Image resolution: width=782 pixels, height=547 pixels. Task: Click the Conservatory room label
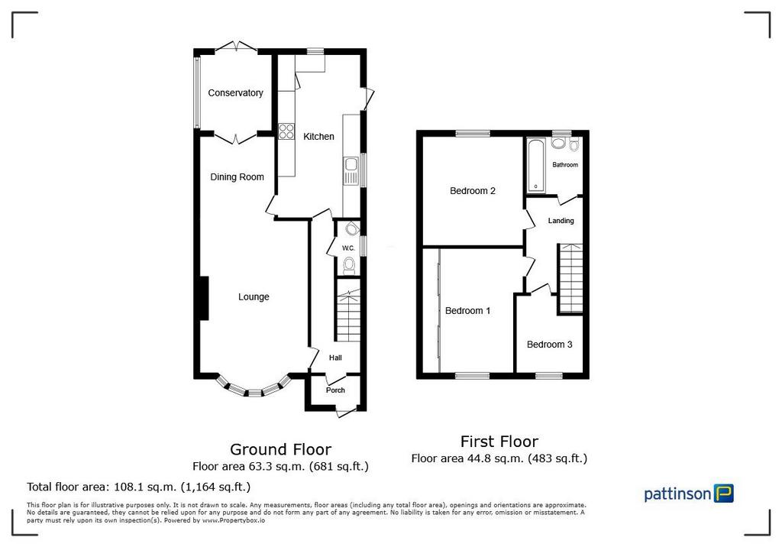pos(235,93)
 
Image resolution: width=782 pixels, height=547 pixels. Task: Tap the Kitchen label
pos(318,136)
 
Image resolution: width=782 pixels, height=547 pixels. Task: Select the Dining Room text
pos(237,177)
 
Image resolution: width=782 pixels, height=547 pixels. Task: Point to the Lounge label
pos(254,297)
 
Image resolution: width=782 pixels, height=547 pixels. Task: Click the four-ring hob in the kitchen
pos(286,131)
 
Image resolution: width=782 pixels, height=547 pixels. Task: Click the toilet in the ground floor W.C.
pos(349,265)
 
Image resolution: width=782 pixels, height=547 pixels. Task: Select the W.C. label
pos(348,248)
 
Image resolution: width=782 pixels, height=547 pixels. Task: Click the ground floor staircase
pos(347,310)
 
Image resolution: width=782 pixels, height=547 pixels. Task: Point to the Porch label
pos(335,390)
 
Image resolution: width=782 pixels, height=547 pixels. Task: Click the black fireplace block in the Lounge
pos(203,298)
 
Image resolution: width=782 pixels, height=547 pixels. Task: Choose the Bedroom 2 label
pos(472,191)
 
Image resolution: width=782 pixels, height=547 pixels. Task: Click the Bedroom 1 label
pos(467,311)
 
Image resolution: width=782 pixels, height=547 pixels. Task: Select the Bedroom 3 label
pos(549,345)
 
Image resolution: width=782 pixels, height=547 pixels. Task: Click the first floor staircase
pos(570,279)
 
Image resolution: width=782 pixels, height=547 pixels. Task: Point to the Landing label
pos(561,221)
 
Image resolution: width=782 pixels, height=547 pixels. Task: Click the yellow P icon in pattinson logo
pos(724,493)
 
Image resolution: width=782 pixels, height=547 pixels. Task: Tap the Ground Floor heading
pos(280,449)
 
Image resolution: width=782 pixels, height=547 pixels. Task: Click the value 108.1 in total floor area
pos(127,487)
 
